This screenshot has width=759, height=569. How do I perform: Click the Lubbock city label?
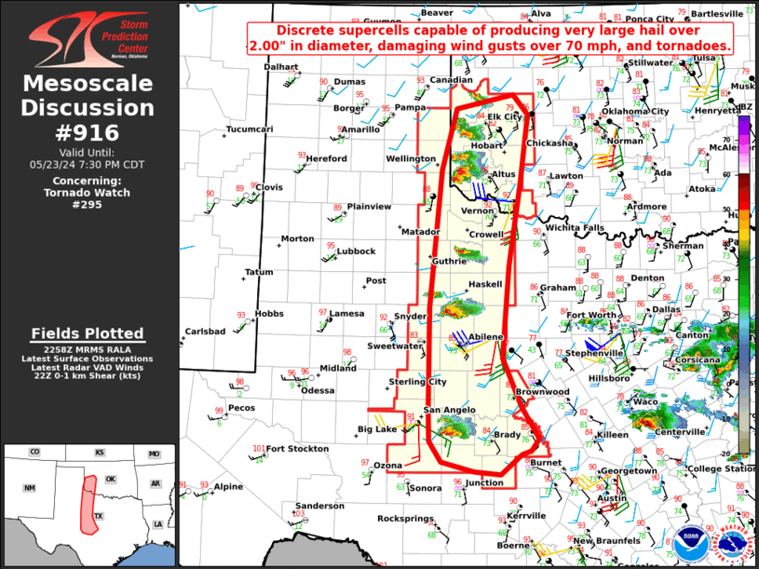(x=356, y=251)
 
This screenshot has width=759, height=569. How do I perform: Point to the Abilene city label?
(x=485, y=336)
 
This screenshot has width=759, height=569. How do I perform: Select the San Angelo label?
(x=451, y=411)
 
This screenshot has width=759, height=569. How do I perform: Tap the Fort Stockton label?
(x=297, y=449)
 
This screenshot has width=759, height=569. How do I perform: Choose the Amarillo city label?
(x=359, y=129)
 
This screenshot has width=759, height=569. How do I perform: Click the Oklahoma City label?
(x=634, y=111)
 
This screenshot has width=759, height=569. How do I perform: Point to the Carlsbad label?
(x=205, y=332)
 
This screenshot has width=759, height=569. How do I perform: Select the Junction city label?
(x=483, y=482)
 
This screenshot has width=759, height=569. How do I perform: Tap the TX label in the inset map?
(x=98, y=515)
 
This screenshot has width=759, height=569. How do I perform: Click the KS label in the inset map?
(x=99, y=454)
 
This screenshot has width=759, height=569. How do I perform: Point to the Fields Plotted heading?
(x=88, y=333)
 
